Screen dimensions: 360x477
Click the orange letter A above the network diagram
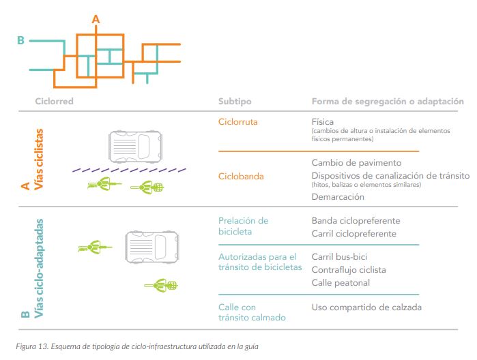pyautogui.click(x=96, y=20)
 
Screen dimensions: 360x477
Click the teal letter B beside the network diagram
pyautogui.click(x=20, y=41)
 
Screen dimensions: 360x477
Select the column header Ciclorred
pyautogui.click(x=54, y=102)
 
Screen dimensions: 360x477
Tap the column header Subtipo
pyautogui.click(x=235, y=102)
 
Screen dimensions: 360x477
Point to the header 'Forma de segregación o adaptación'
pyautogui.click(x=388, y=102)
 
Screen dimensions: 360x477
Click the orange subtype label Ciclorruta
pyautogui.click(x=238, y=122)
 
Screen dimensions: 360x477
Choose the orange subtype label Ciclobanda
pyautogui.click(x=241, y=177)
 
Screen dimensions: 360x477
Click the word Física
pyautogui.click(x=323, y=122)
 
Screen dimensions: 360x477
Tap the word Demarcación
pyautogui.click(x=338, y=197)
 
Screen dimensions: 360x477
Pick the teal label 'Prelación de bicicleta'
pyautogui.click(x=243, y=226)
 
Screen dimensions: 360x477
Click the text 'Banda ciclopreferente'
pyautogui.click(x=356, y=221)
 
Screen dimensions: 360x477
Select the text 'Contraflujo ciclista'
pyautogui.click(x=349, y=269)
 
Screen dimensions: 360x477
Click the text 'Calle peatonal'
pyautogui.click(x=341, y=282)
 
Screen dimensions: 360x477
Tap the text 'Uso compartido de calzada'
pyautogui.click(x=366, y=307)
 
